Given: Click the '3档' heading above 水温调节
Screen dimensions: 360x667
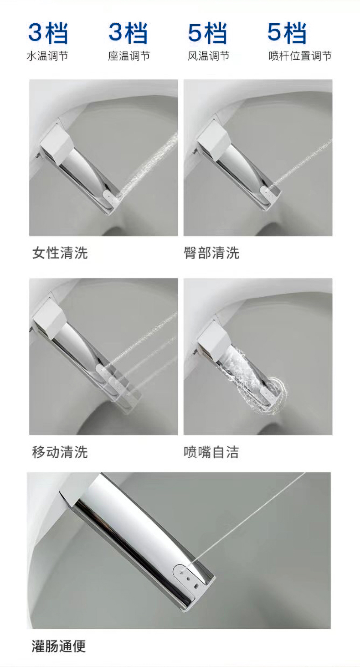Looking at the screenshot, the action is [48, 32].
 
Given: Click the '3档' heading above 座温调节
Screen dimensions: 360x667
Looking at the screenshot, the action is [128, 32].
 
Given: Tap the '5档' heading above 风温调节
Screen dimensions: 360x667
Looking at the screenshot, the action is [207, 32].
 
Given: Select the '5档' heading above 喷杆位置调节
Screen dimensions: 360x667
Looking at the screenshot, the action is [287, 32].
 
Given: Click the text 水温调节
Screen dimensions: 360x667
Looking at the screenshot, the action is [47, 56].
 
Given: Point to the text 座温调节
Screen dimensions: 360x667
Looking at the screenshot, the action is [129, 56].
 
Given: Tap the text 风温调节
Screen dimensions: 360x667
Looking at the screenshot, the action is [208, 56].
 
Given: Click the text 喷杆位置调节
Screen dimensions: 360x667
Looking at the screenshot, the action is [300, 56].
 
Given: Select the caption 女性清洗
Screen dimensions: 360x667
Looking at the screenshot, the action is [60, 253].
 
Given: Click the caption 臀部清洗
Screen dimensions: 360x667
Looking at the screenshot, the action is [211, 253].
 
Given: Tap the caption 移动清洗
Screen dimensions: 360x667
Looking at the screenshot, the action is [60, 452].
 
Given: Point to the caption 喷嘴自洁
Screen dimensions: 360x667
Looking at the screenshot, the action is [211, 452].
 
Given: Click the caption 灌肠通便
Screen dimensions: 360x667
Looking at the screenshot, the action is [59, 646].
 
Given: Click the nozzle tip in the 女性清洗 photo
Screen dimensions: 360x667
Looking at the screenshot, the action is [111, 198].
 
